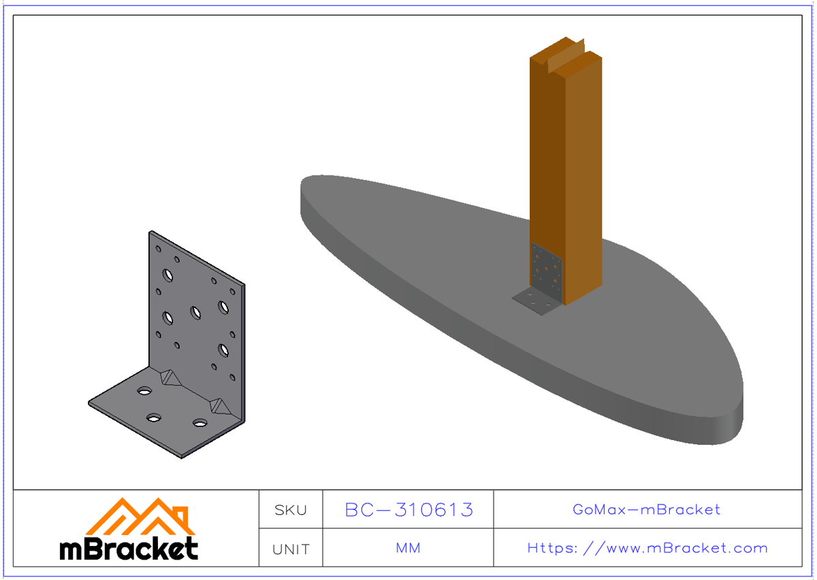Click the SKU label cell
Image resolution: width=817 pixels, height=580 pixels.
click(291, 509)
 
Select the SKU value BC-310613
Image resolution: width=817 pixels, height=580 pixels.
click(408, 509)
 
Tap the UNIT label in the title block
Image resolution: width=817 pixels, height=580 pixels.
click(291, 549)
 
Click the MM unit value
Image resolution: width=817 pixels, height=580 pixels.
click(408, 548)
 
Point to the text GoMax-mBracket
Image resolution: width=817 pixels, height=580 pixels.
click(647, 509)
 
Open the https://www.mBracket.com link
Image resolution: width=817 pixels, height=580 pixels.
click(647, 548)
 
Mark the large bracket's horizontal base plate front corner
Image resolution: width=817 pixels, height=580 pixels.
click(182, 456)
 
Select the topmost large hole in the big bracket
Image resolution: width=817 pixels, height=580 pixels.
click(167, 275)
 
